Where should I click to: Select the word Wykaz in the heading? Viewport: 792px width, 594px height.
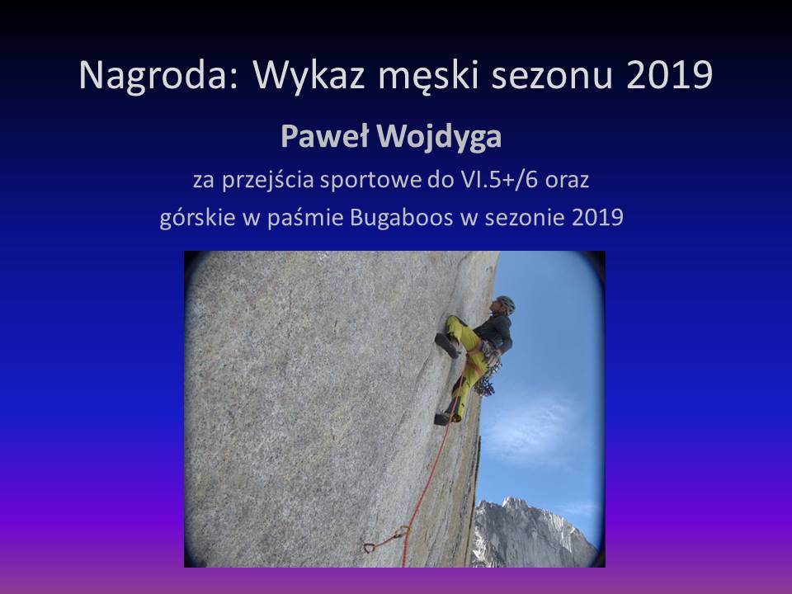[x=309, y=75]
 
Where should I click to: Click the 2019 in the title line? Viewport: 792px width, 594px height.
[x=669, y=75]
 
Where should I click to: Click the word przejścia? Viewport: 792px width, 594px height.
[x=267, y=181]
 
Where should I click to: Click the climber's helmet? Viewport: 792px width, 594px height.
[x=506, y=304]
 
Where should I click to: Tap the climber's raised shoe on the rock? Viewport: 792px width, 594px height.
[x=447, y=345]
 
